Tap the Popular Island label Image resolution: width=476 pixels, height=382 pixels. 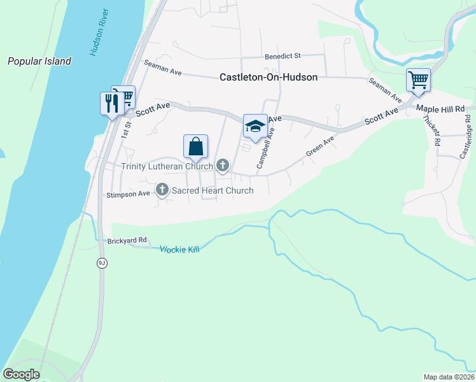39,62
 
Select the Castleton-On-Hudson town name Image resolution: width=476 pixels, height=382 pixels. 268,76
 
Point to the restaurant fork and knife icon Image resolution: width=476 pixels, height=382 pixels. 112,103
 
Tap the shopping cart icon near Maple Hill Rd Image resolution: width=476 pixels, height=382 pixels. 419,80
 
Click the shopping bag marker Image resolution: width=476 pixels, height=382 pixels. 196,146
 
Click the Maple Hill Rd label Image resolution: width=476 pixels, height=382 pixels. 441,110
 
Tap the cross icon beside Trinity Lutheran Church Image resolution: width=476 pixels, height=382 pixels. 223,166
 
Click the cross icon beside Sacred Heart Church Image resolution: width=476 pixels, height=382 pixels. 162,190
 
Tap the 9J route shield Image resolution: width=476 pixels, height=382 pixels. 101,263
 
